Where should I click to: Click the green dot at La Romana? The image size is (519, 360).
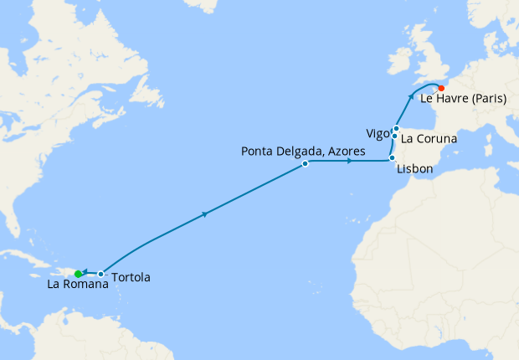coord(78,274)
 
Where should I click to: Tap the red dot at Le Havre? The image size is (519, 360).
coord(441,86)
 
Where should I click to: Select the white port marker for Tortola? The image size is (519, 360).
coord(100,274)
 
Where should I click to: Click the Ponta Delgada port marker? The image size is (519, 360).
coord(306,164)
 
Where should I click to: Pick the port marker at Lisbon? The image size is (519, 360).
coord(392,158)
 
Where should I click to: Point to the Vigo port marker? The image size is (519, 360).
coord(393,136)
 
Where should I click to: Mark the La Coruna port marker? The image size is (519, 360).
coord(396,128)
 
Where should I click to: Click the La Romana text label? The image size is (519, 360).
coord(77,285)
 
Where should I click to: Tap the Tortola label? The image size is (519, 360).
coord(131,276)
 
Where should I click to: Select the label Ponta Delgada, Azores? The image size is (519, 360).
coord(304,151)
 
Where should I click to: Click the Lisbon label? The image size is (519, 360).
coord(414,169)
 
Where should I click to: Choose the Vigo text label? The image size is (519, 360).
coord(377,134)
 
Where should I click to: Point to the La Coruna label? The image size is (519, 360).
coord(429,138)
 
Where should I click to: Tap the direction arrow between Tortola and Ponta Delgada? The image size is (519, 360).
coord(205,215)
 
